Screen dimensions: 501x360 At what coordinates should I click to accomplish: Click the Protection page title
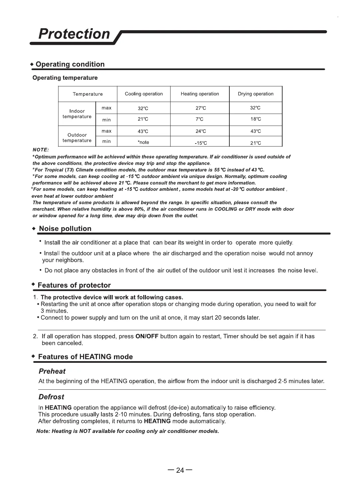pos(74,34)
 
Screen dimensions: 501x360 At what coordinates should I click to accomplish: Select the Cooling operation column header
pos(144,94)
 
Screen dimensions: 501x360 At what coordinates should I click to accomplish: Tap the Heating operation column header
pos(200,94)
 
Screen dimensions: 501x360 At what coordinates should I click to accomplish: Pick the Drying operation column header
pos(256,94)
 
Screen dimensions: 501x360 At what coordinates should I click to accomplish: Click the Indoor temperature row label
pos(77,114)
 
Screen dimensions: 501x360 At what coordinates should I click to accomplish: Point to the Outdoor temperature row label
pos(77,138)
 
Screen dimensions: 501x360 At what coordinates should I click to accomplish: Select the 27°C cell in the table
pos(201,108)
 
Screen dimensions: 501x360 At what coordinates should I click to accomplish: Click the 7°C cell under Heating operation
pos(199,120)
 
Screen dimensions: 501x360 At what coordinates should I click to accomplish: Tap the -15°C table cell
pos(201,143)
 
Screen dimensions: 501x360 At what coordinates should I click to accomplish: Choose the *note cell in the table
pos(143,143)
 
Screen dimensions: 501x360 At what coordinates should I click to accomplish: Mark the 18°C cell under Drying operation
pos(256,119)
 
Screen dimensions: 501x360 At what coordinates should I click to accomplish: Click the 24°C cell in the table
pos(201,132)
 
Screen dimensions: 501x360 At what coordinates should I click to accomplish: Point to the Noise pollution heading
pos(65,229)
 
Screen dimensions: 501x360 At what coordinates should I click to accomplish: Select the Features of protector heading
pos(74,285)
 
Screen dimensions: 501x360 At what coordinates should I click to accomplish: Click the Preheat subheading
pos(52,371)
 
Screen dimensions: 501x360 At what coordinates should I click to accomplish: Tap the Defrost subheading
pos(51,397)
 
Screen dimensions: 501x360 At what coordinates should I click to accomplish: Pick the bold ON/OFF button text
pos(147,337)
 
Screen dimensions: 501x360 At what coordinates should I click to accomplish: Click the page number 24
pos(180,470)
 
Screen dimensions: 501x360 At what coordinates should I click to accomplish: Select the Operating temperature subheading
pos(65,78)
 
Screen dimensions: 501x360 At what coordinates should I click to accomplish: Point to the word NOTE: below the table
pos(41,150)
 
